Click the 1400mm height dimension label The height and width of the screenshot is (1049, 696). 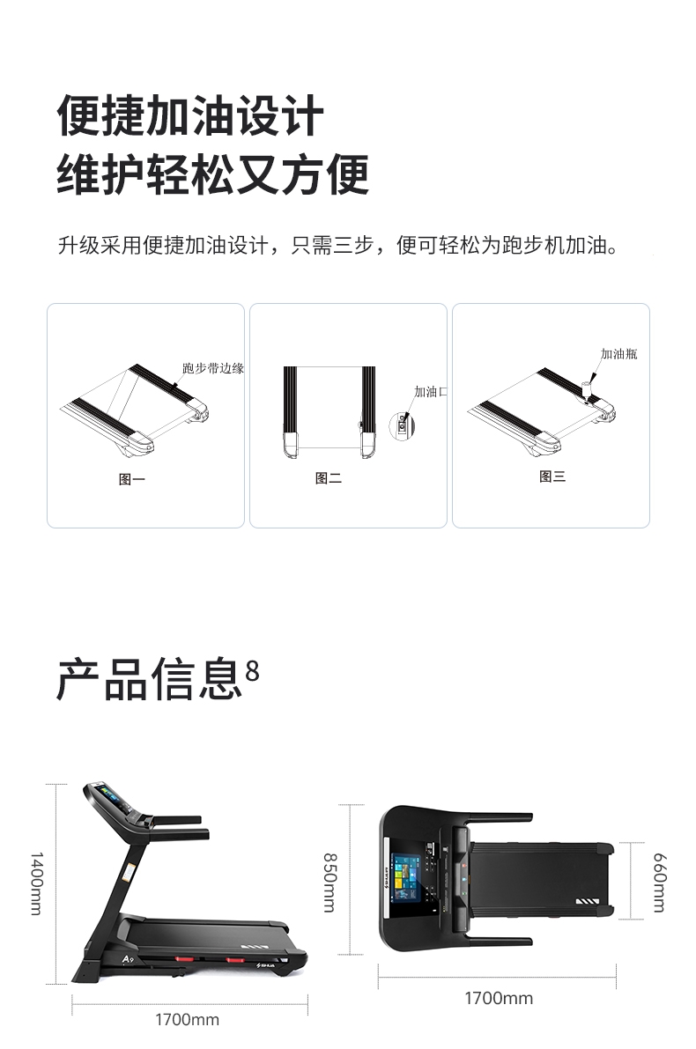point(37,883)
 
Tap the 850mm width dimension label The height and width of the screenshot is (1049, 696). point(329,882)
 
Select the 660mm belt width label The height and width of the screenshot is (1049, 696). point(659,882)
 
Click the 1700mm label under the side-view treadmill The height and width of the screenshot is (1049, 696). point(188,1020)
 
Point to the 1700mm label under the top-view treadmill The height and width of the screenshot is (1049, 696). point(499,998)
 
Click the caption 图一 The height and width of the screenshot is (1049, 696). point(132,479)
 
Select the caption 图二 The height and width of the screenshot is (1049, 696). point(329,478)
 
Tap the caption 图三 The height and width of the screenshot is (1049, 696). point(552,476)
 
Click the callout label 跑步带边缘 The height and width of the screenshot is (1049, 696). point(213,368)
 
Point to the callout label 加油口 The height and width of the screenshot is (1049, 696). point(430,391)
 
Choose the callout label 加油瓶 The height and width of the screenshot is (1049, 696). point(619,354)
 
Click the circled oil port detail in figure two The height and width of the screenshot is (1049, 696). point(402,426)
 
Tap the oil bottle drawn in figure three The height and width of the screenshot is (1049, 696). point(587,390)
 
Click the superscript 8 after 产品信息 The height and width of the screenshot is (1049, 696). point(252,671)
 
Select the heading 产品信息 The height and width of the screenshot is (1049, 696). point(149,680)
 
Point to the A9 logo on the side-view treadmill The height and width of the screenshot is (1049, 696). point(129,959)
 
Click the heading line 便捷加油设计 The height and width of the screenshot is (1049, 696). point(190,115)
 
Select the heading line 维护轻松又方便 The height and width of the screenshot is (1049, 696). point(213,174)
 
